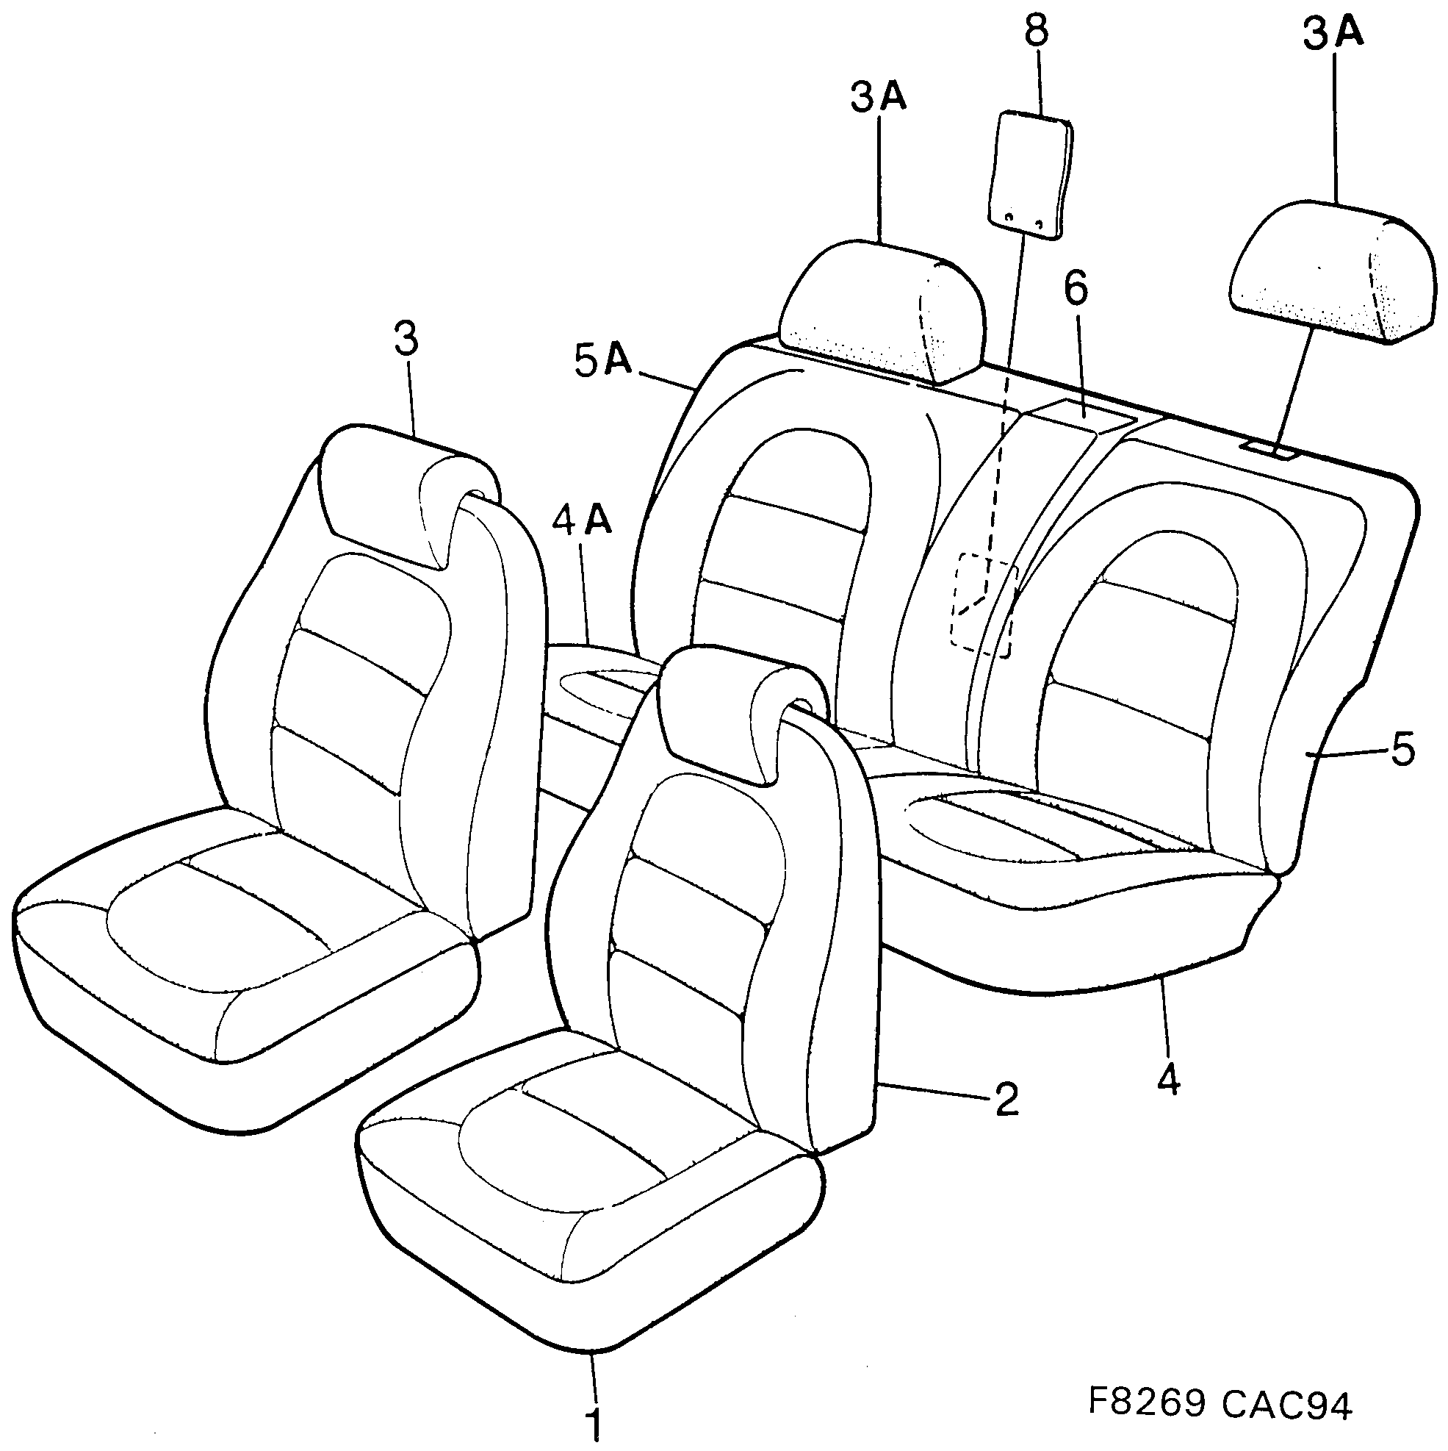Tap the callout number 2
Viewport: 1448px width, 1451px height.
[1006, 1099]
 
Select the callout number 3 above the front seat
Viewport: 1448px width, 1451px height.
[406, 340]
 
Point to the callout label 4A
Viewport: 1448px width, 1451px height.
[582, 520]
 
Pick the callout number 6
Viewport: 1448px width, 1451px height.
[1076, 290]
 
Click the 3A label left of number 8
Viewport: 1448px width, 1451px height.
[878, 98]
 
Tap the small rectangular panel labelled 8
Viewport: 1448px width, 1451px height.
[1030, 173]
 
